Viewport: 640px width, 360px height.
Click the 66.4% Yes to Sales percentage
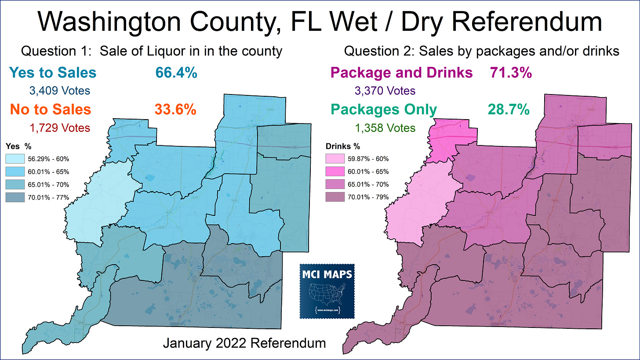[176, 73]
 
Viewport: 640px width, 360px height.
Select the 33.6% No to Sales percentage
[175, 109]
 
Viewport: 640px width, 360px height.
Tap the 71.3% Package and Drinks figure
[510, 73]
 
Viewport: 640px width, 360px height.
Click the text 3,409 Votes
[59, 91]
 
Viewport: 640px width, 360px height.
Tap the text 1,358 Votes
[385, 128]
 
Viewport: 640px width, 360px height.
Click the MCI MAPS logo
[327, 291]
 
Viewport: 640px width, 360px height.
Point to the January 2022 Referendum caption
[244, 343]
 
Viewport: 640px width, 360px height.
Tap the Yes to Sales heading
[52, 73]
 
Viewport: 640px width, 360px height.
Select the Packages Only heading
[384, 109]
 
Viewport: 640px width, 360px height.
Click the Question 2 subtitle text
[481, 51]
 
